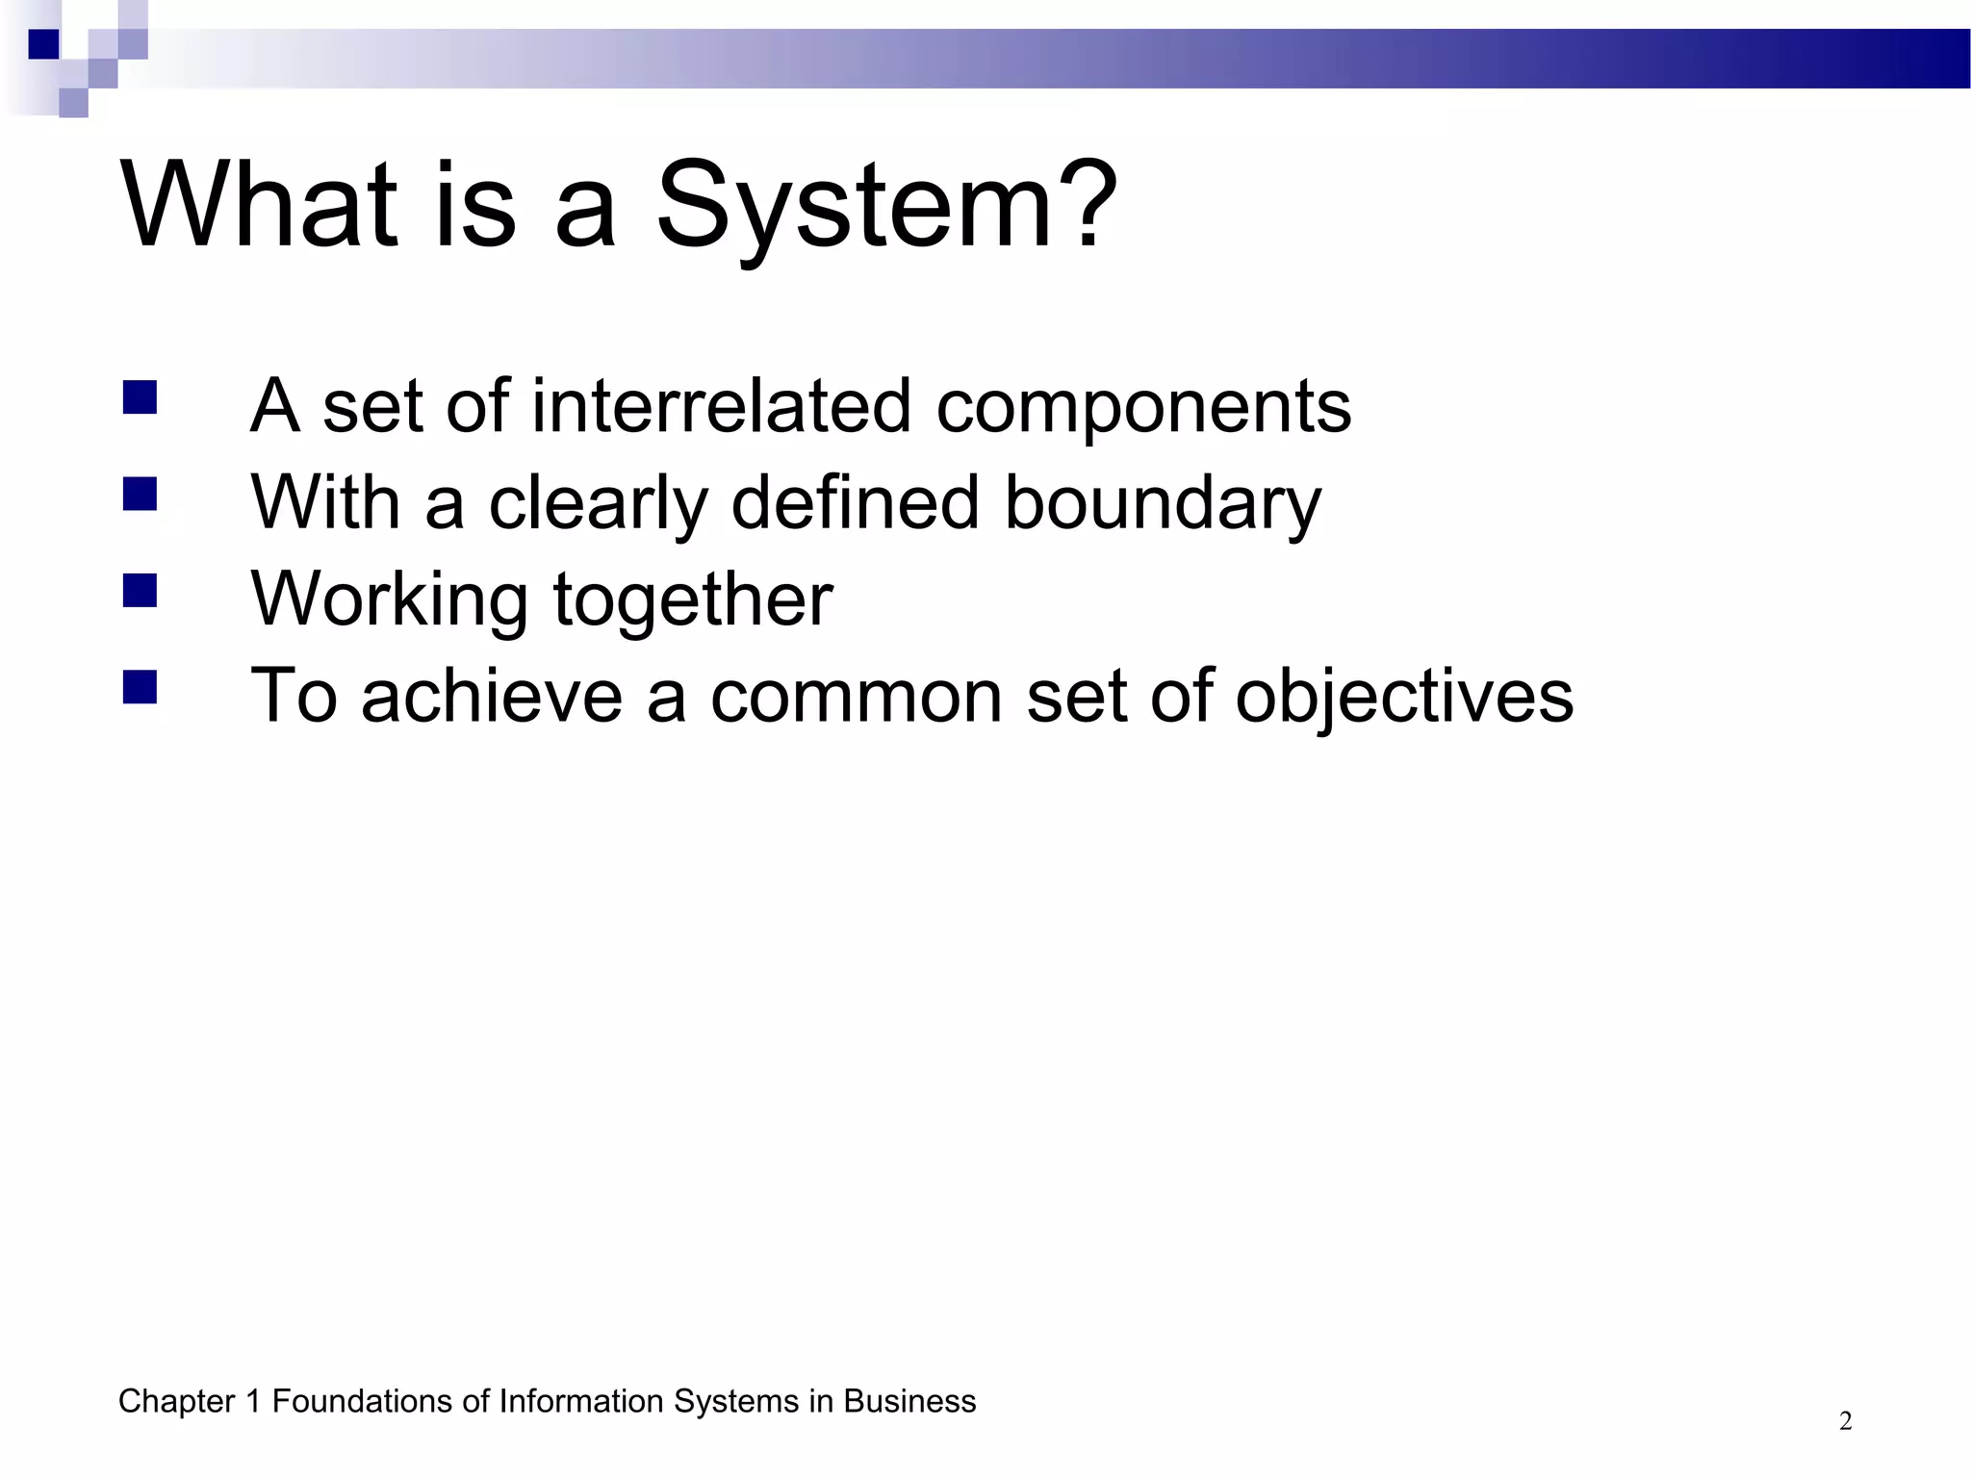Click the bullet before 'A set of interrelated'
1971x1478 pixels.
(141, 396)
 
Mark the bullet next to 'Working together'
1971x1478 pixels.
(141, 591)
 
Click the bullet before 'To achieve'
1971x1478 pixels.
(141, 687)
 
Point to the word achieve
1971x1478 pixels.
(492, 696)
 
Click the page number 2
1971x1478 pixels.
(1845, 1421)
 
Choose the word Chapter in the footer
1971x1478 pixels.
(176, 1402)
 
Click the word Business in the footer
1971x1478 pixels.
(909, 1402)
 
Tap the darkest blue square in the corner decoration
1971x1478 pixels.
(43, 44)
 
